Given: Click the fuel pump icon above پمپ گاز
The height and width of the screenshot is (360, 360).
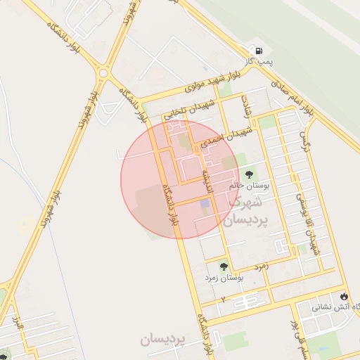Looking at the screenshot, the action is click(x=260, y=51).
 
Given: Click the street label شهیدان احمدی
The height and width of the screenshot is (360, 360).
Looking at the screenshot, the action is click(x=226, y=137).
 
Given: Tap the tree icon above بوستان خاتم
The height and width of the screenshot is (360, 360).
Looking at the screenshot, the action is click(x=248, y=173).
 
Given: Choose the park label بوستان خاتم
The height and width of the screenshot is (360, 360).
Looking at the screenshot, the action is click(x=249, y=186).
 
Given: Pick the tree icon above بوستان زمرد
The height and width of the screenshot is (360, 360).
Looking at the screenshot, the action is click(x=224, y=266).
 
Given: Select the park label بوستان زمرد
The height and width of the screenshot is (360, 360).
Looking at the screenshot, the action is click(x=224, y=278).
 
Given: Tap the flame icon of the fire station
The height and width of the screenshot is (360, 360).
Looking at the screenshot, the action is click(x=344, y=295).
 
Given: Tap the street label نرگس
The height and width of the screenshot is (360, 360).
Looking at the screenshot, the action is click(x=305, y=141).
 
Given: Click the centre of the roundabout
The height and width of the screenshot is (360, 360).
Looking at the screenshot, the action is click(x=104, y=71).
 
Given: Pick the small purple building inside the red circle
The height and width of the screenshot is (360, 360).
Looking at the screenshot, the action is click(x=204, y=204).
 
